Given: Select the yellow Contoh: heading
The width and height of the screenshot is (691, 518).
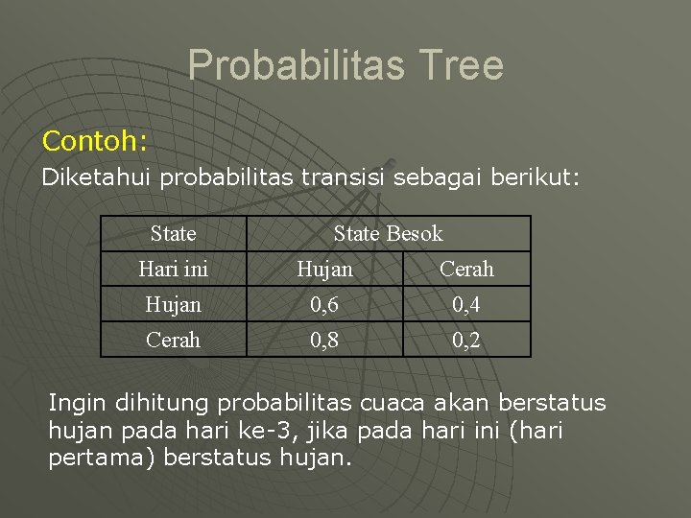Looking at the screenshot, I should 94,142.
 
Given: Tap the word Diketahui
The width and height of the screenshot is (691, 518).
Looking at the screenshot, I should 98,177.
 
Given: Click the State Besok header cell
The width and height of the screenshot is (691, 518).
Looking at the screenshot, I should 388,233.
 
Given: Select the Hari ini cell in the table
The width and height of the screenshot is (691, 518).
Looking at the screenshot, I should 173,270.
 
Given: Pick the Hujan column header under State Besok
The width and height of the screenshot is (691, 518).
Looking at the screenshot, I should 324,270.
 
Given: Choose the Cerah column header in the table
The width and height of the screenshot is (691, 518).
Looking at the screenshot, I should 466,270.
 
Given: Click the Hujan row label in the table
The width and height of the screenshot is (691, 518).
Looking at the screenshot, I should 173,304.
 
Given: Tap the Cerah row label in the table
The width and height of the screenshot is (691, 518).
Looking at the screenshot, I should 173,340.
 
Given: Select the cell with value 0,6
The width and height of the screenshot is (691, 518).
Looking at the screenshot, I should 324,304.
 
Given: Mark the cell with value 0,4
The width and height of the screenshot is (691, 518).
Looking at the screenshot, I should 466,304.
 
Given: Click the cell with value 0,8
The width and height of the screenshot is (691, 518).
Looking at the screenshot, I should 324,340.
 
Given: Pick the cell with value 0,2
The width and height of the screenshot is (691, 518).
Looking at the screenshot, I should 466,340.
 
